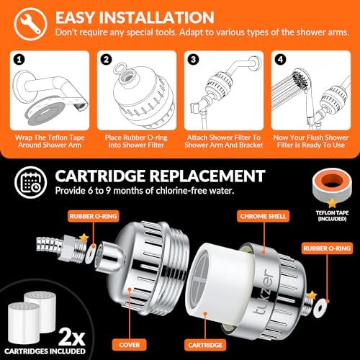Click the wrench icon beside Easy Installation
(x=30, y=23)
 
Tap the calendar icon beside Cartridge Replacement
(x=30, y=182)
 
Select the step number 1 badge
(x=19, y=59)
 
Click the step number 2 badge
(x=107, y=59)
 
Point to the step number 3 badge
(x=194, y=59)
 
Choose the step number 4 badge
(x=281, y=59)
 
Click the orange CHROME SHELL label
(x=263, y=216)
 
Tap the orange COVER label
(x=130, y=345)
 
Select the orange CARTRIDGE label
(x=205, y=345)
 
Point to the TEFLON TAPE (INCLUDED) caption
(x=332, y=216)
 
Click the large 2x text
(x=72, y=336)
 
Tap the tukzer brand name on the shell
(x=264, y=292)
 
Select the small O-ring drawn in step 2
(x=120, y=68)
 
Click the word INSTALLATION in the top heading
(x=156, y=17)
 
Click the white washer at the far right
(x=320, y=308)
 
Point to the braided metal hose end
(x=49, y=244)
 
